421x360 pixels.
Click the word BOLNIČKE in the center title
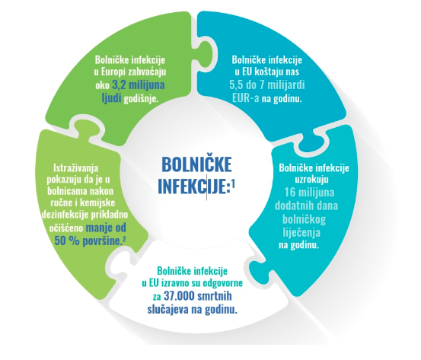tap(197, 164)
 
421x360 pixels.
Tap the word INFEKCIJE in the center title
tap(193, 186)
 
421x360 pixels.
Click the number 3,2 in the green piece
tap(119, 85)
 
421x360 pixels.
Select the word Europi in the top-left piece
tap(113, 72)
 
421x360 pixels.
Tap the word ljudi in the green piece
tap(111, 98)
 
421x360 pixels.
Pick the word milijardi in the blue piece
tap(287, 85)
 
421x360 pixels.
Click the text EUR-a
tap(246, 98)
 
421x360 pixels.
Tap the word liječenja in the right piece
tap(301, 232)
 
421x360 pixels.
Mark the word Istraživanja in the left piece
tap(76, 169)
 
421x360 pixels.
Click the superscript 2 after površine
tap(124, 240)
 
